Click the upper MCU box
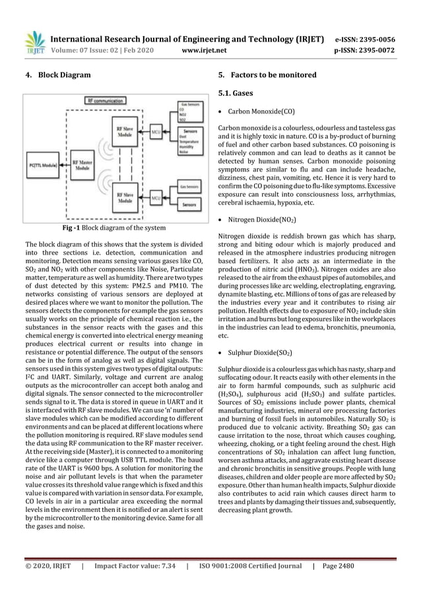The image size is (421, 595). pyautogui.click(x=156, y=131)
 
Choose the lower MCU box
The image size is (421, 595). pyautogui.click(x=156, y=196)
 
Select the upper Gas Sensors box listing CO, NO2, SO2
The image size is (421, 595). pyautogui.click(x=191, y=111)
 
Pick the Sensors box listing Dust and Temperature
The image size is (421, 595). pyautogui.click(x=191, y=140)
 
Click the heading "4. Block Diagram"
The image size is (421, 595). pyautogui.click(x=57, y=75)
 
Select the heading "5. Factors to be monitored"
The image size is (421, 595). pyautogui.click(x=267, y=75)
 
